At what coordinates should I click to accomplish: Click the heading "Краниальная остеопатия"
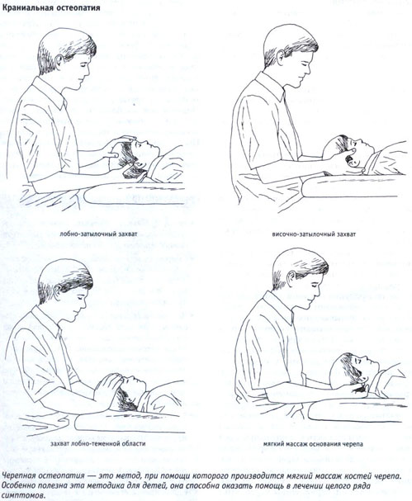[x=51, y=7]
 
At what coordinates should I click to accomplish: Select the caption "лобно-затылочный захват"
[x=98, y=234]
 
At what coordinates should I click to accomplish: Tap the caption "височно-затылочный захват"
[x=314, y=234]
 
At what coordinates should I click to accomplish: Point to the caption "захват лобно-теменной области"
[x=97, y=444]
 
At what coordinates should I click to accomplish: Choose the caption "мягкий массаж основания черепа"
[x=313, y=444]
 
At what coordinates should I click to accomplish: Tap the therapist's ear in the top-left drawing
[x=60, y=61]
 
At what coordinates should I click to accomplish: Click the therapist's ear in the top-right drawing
[x=281, y=58]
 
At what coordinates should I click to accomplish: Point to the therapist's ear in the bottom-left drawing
[x=59, y=291]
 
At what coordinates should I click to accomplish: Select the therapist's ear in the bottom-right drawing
[x=291, y=278]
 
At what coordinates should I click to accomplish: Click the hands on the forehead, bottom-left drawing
[x=108, y=385]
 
